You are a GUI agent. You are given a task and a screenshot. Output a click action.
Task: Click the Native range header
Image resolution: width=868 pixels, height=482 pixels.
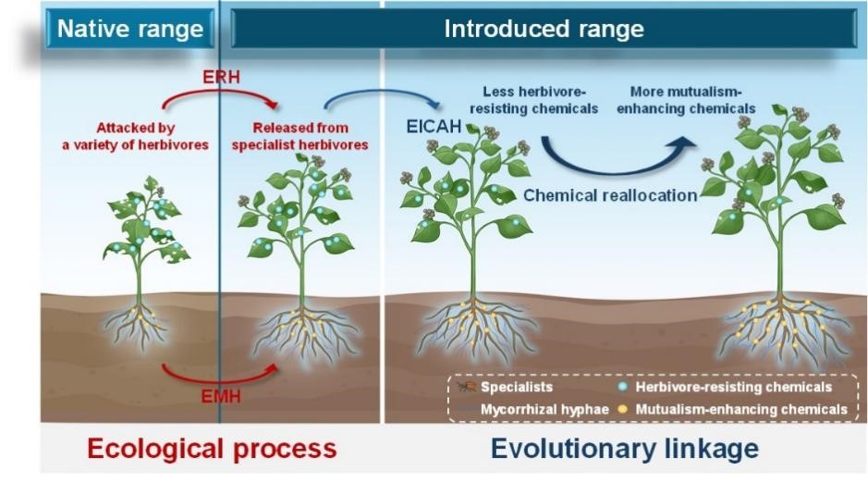(129, 29)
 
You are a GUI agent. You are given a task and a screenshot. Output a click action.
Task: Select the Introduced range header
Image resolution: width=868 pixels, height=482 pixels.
(544, 29)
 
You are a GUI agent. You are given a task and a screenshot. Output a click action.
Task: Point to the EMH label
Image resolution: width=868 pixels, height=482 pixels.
(220, 399)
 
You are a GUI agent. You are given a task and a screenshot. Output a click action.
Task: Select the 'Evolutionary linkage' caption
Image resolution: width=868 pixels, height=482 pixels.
(625, 449)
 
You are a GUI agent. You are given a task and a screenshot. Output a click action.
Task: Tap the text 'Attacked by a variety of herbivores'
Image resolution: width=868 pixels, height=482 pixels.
(135, 136)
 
